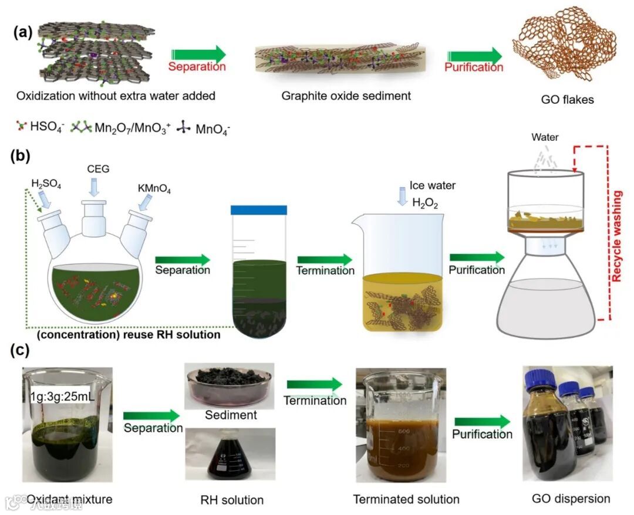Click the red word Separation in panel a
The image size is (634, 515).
197,67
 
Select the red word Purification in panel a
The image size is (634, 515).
473,67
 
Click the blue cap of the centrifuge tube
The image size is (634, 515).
259,209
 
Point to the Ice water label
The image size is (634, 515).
433,186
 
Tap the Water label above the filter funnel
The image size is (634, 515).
545,138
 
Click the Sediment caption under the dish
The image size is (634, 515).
231,415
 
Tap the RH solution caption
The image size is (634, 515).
231,500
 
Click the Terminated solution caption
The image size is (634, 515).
406,500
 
